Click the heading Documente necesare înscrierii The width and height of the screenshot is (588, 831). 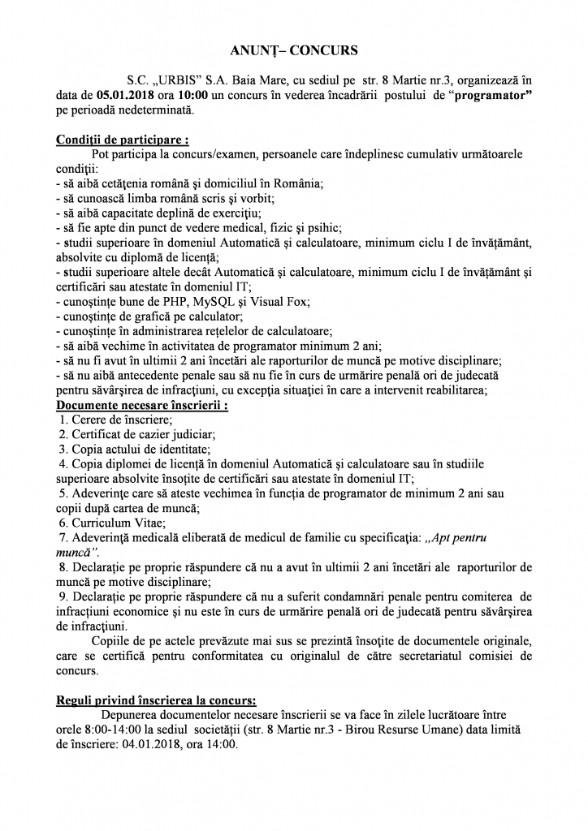(141, 405)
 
